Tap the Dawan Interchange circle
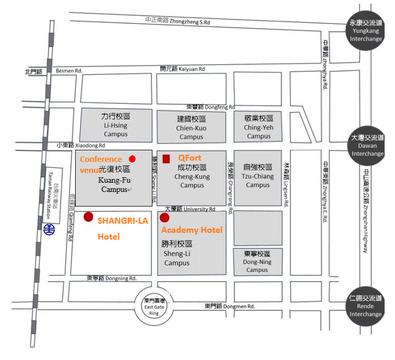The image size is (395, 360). (x=366, y=145)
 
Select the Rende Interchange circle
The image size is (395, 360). (x=366, y=306)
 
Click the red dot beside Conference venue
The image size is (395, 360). (x=132, y=159)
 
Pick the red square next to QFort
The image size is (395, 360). (x=166, y=158)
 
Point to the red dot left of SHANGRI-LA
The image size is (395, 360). (x=89, y=216)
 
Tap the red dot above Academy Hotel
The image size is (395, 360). (x=164, y=217)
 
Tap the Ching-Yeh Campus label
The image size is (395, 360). (x=259, y=127)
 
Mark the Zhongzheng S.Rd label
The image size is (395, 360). (x=178, y=21)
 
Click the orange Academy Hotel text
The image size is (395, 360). (x=192, y=230)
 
